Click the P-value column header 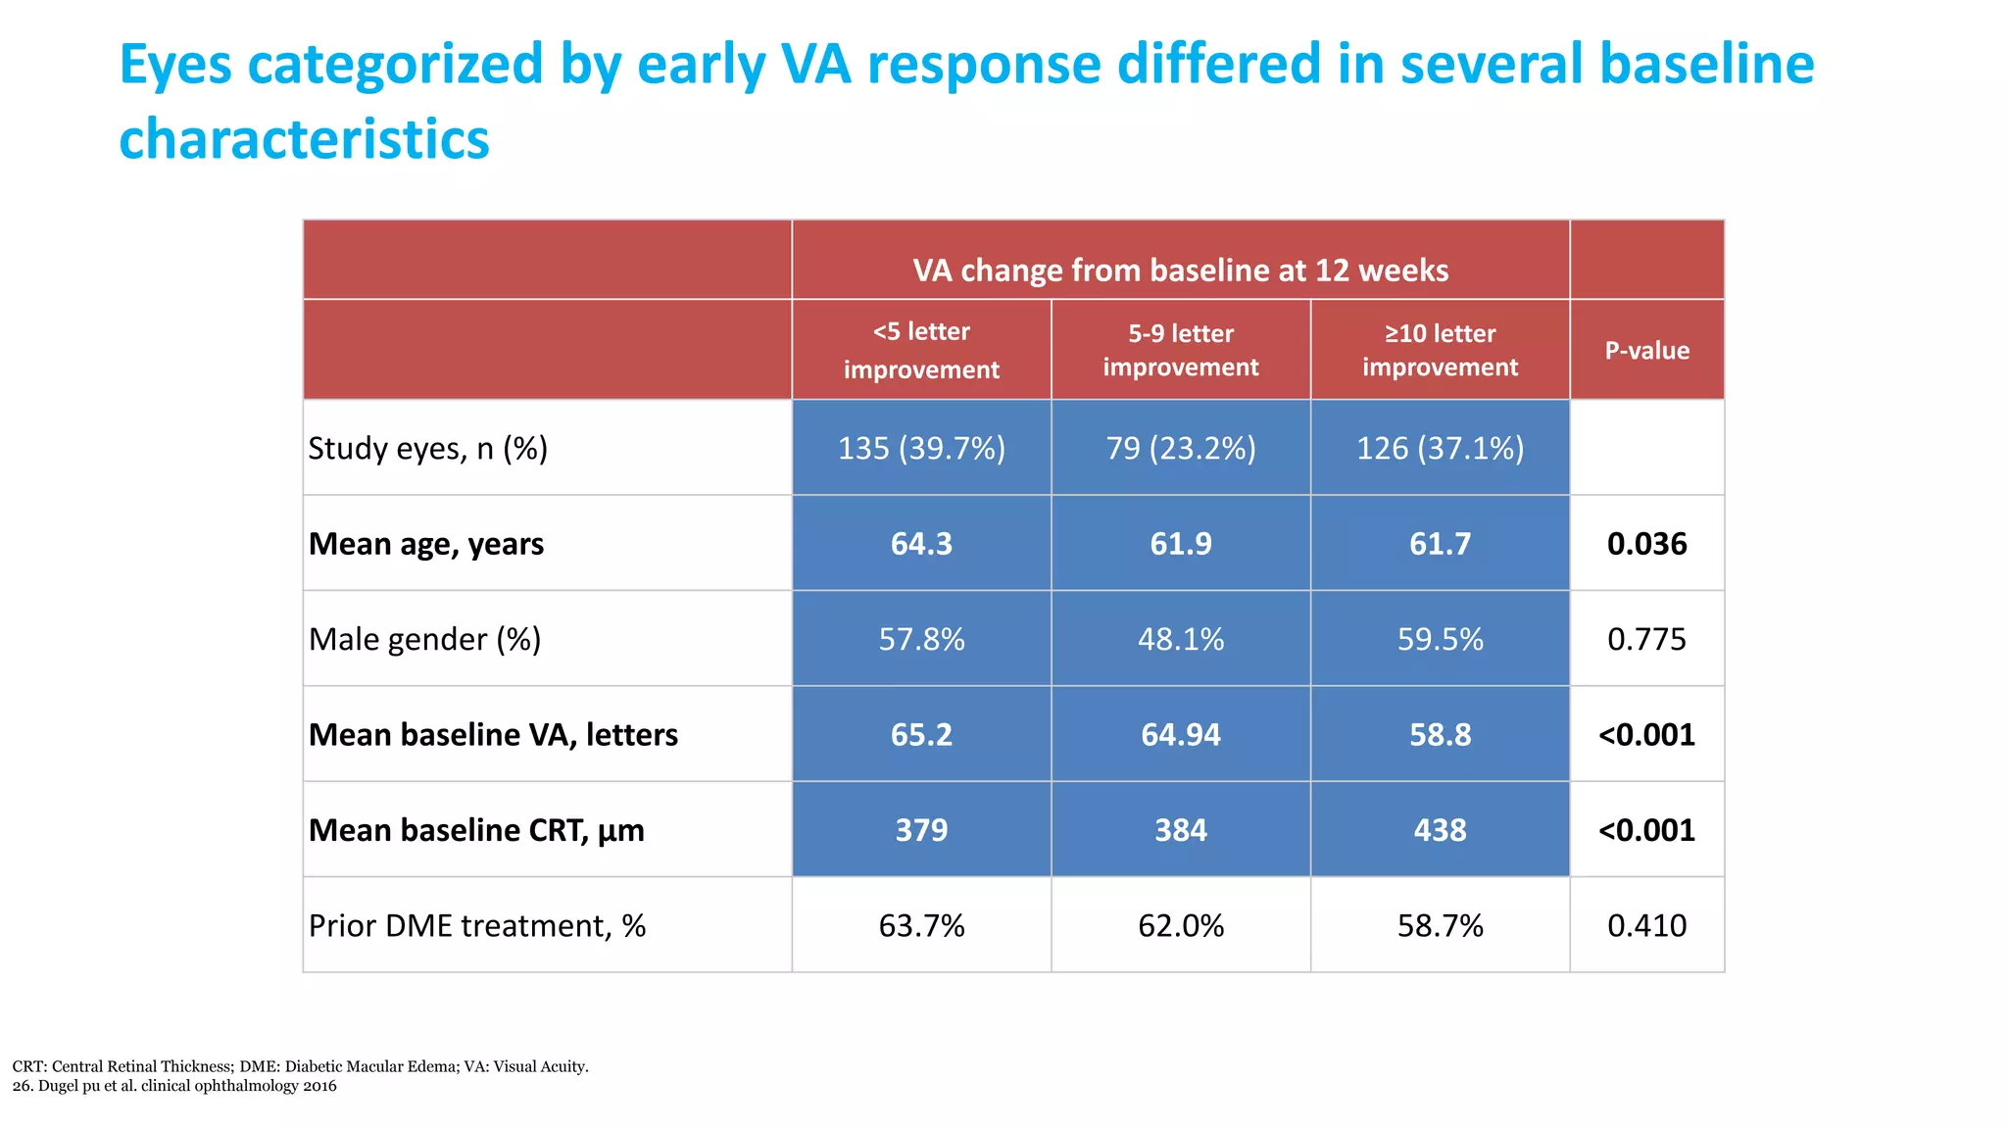pos(1646,350)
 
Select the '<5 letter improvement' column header pos(921,350)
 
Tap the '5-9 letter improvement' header pos(1180,350)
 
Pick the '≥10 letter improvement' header pos(1440,350)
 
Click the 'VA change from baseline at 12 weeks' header pos(1180,270)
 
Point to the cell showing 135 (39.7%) pos(921,448)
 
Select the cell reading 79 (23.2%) pos(1180,448)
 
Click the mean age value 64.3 pos(921,543)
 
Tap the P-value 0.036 pos(1646,543)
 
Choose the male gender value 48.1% pos(1180,639)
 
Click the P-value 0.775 pos(1646,639)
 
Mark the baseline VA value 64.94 pos(1180,734)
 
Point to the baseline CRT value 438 pos(1440,830)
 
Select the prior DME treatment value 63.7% pos(921,925)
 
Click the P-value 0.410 pos(1646,925)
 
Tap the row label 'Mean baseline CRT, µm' pos(476,830)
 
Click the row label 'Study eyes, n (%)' pos(427,448)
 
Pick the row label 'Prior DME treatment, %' pos(476,925)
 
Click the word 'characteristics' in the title pos(304,139)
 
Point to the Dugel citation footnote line pos(174,1086)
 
